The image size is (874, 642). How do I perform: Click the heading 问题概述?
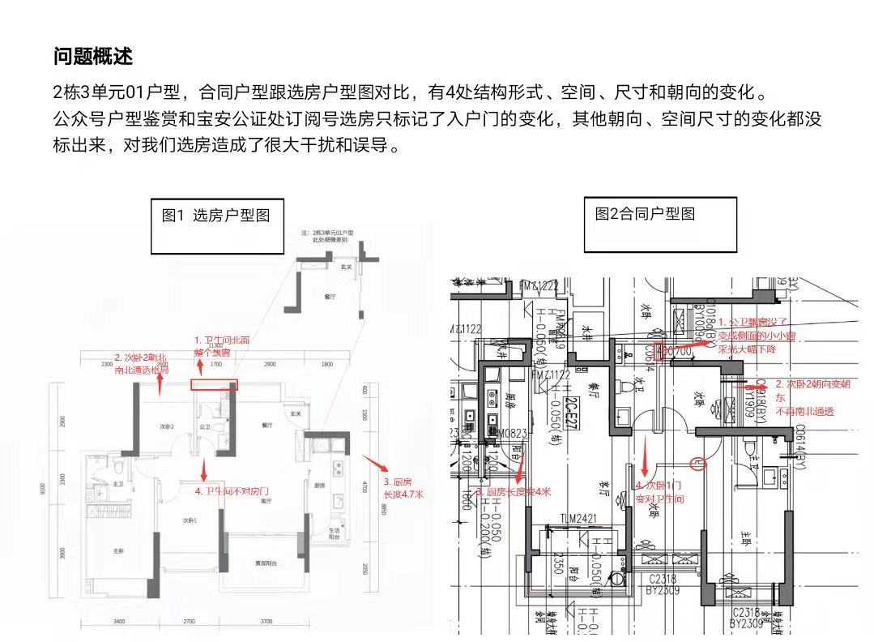93,57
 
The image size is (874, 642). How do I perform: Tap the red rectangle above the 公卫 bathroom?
214,385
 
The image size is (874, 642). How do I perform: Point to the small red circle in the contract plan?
700,463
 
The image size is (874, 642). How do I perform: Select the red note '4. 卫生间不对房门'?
232,491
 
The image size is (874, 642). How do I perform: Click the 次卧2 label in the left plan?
167,426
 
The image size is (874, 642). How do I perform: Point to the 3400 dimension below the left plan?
118,621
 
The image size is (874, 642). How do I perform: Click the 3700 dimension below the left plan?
266,621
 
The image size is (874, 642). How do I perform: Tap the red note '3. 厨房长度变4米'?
514,491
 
